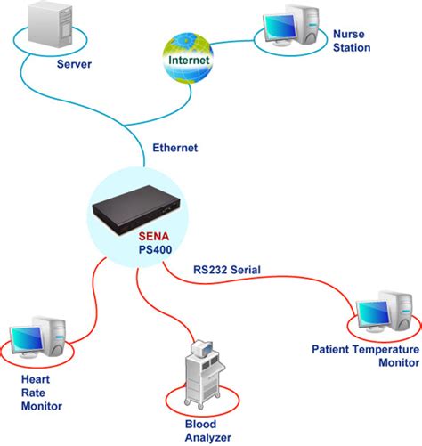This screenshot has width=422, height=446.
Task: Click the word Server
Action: click(x=75, y=65)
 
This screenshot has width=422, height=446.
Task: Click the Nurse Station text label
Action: click(x=352, y=41)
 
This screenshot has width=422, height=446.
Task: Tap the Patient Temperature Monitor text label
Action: click(x=365, y=355)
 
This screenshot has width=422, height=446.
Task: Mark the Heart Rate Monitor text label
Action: click(x=41, y=393)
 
